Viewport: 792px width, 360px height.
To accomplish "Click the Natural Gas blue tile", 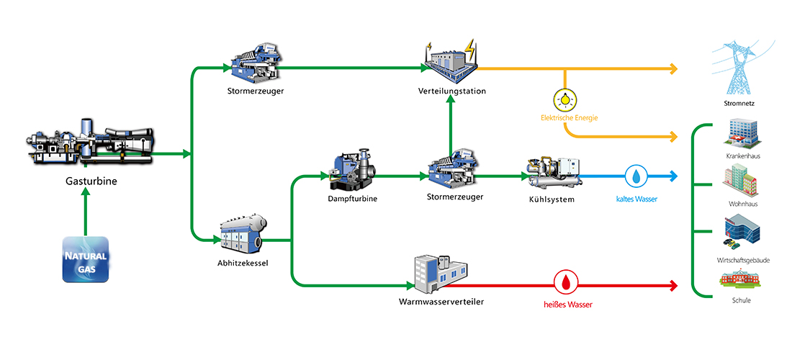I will click(x=86, y=259).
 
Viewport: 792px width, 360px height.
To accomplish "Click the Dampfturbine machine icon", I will click(x=353, y=171).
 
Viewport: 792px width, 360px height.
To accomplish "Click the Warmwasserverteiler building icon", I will click(x=441, y=274).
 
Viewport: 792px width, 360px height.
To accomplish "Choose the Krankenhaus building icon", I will click(x=739, y=133).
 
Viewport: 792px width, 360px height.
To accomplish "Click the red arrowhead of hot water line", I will click(x=673, y=286).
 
